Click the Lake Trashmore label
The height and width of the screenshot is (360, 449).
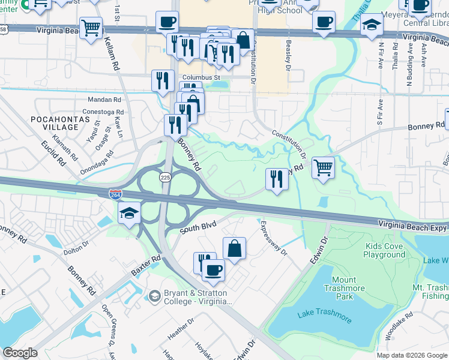[321, 314]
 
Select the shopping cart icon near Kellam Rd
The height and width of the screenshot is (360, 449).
[91, 27]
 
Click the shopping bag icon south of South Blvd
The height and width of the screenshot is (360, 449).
[234, 248]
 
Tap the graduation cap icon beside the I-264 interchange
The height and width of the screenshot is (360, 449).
[129, 213]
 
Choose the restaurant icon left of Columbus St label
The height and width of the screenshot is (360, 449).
[162, 80]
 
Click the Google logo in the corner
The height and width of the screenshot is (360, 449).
[20, 353]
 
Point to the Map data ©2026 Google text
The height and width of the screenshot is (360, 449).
[411, 355]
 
